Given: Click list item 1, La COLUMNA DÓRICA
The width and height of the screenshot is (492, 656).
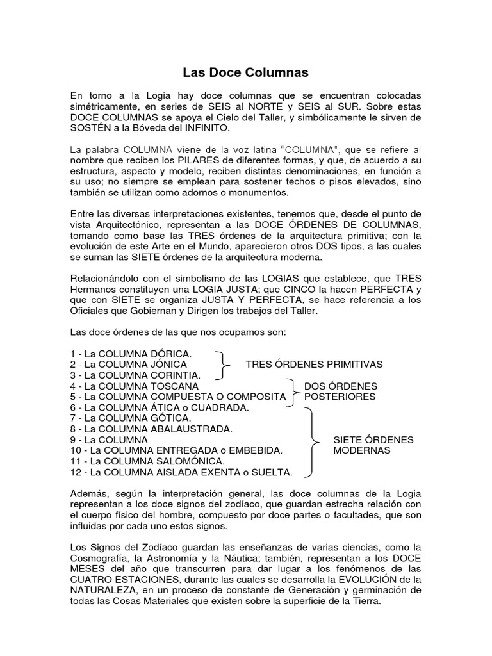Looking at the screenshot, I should click(x=131, y=353).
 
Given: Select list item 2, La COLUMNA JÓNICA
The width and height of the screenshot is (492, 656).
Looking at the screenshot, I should click(x=129, y=365).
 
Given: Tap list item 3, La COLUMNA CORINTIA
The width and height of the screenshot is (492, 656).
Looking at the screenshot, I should click(x=136, y=375).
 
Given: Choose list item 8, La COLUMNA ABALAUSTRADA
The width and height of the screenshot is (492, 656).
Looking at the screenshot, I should click(x=151, y=429).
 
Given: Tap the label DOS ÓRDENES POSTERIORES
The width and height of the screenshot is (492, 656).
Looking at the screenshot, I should click(x=340, y=391).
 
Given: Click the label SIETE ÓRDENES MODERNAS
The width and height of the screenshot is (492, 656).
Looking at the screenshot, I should click(x=373, y=445).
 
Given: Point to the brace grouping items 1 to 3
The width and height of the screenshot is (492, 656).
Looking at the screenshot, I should click(x=224, y=365).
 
